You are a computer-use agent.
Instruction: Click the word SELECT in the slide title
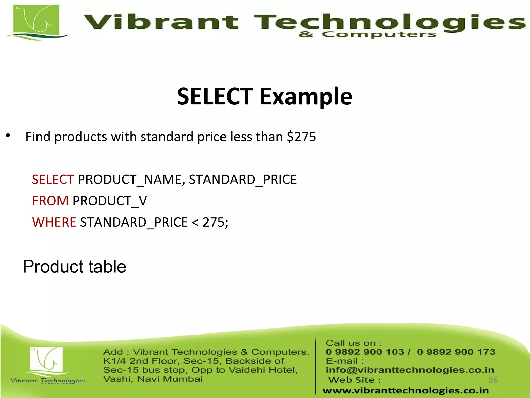click(215, 96)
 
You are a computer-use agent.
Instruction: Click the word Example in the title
click(306, 97)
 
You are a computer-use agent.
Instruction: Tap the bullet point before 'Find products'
click(8, 136)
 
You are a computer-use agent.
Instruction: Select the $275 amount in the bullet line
click(301, 137)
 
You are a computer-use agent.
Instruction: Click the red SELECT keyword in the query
click(53, 180)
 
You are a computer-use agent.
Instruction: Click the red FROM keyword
click(50, 201)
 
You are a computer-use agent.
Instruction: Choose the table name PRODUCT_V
click(110, 201)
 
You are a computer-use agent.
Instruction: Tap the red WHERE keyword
click(54, 222)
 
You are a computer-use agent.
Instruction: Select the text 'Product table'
click(75, 267)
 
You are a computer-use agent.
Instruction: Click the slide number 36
click(493, 380)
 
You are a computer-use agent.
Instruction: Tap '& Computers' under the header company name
click(367, 34)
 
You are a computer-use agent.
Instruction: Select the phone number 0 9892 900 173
click(456, 352)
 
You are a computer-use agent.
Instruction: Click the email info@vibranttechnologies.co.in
click(410, 370)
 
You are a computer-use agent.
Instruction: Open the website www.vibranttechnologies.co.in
click(406, 390)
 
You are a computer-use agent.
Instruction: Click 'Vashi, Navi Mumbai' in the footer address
click(153, 379)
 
